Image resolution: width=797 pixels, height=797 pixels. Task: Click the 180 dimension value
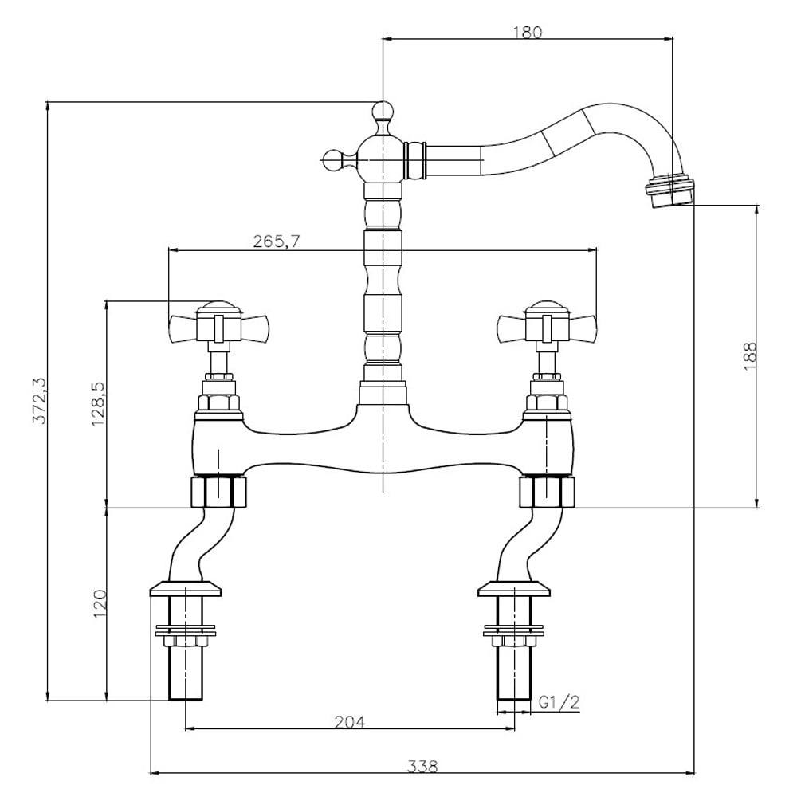[528, 32]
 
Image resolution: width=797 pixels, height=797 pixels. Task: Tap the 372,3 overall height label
[39, 401]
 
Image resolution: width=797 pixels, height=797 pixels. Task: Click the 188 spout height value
[750, 355]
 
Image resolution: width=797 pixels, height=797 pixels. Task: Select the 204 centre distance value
[349, 721]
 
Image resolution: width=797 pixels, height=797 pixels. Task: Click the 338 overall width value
[422, 766]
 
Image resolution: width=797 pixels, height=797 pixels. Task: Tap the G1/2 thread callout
[559, 702]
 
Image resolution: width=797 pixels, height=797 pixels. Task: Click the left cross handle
[219, 326]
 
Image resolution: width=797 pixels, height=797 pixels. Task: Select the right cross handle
[547, 326]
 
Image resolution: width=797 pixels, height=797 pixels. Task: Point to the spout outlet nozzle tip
[670, 190]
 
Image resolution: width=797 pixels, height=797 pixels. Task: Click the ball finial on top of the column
[383, 111]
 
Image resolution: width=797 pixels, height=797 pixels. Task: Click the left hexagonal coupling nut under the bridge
[218, 492]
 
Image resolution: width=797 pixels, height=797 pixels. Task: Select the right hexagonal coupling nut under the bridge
[547, 492]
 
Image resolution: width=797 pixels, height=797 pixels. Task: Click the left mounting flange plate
[186, 589]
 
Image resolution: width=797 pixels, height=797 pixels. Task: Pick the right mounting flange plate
[514, 589]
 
